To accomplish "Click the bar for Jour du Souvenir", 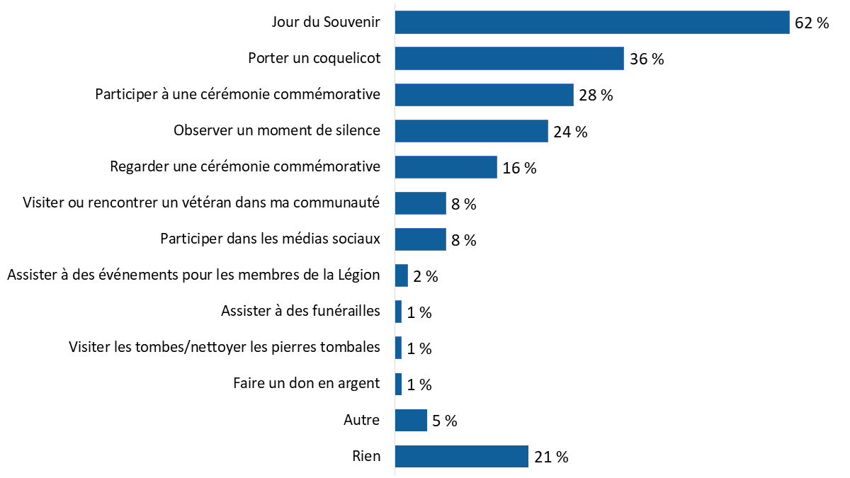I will pyautogui.click(x=591, y=22).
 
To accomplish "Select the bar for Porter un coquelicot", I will pyautogui.click(x=509, y=58).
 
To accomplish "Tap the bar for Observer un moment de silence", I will pyautogui.click(x=471, y=130).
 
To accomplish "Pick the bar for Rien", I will pyautogui.click(x=461, y=456).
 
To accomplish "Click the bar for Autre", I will pyautogui.click(x=411, y=420).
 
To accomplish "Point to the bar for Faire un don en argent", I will pyautogui.click(x=398, y=384).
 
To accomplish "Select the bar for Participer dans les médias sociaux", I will pyautogui.click(x=420, y=239).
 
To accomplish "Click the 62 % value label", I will pyautogui.click(x=811, y=23).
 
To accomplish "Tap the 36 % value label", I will pyautogui.click(x=646, y=59).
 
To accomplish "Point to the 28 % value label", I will pyautogui.click(x=595, y=95).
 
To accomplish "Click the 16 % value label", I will pyautogui.click(x=519, y=168).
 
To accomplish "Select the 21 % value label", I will pyautogui.click(x=551, y=457).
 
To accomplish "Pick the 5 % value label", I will pyautogui.click(x=445, y=421).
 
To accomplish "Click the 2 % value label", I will pyautogui.click(x=425, y=276).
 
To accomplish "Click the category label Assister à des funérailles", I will pyautogui.click(x=300, y=311).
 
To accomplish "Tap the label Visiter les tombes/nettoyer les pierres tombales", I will pyautogui.click(x=225, y=347).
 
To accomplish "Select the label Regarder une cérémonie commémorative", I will pyautogui.click(x=245, y=166).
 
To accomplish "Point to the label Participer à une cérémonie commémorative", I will pyautogui.click(x=238, y=94).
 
